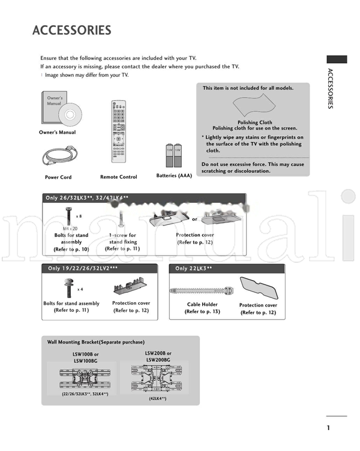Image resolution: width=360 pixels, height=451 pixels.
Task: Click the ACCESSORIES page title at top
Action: coord(71,30)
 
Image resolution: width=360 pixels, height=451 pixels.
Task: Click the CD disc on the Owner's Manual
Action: coord(71,113)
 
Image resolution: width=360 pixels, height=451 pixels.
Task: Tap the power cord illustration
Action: coord(59,156)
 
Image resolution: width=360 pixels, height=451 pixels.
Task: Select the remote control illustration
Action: coord(119,133)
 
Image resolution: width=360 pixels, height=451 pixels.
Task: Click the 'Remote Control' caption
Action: coord(119,178)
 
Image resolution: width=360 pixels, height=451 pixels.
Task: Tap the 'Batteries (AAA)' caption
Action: coord(174,176)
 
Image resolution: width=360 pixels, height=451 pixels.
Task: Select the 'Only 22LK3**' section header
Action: coord(194,269)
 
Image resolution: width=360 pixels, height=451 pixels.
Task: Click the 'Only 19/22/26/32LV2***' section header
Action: coord(82,269)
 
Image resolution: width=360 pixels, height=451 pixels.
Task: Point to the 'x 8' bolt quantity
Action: coord(79,216)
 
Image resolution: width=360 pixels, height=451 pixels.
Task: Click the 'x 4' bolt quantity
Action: coord(80,289)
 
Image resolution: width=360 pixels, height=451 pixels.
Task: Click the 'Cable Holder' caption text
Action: coord(202,305)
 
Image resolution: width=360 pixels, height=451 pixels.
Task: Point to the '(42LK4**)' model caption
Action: coord(158,398)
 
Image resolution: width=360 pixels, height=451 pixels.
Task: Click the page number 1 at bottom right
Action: coord(329,428)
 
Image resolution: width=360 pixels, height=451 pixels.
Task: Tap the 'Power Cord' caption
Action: coord(58,178)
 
